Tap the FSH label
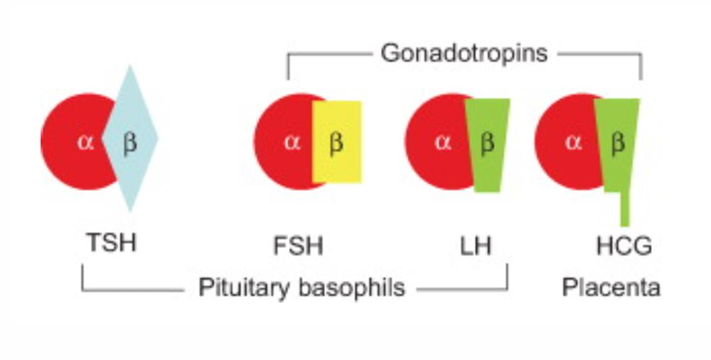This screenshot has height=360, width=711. pos(299,243)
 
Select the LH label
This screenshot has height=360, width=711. pos(476,244)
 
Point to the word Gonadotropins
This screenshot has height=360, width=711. pos(465,54)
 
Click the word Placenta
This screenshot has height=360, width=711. pos(611,288)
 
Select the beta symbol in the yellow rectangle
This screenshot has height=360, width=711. pos(337,143)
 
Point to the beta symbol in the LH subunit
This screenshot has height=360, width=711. pos(488,143)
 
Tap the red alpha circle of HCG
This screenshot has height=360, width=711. pos(564,165)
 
